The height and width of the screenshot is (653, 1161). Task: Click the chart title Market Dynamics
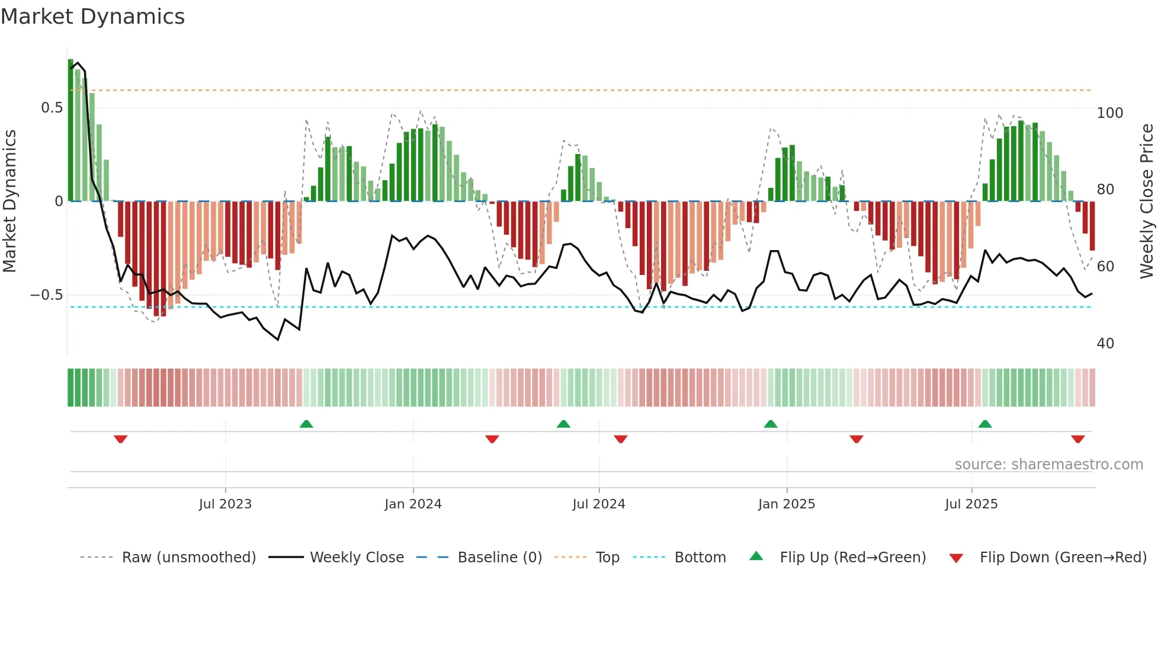pyautogui.click(x=92, y=17)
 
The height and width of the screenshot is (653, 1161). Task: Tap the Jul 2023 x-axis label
pyautogui.click(x=225, y=504)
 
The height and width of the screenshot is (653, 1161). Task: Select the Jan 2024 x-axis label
pyautogui.click(x=413, y=504)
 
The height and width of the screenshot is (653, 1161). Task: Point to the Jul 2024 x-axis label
pyautogui.click(x=598, y=504)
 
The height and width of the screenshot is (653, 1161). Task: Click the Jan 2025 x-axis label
pyautogui.click(x=786, y=504)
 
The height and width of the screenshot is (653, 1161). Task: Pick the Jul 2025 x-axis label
pyautogui.click(x=971, y=504)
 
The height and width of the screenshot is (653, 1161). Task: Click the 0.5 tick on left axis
pyautogui.click(x=52, y=108)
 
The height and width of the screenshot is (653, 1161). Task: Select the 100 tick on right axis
pyautogui.click(x=1109, y=113)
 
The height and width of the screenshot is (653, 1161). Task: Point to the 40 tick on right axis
pyautogui.click(x=1105, y=343)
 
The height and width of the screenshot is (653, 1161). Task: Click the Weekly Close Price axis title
pyautogui.click(x=1147, y=201)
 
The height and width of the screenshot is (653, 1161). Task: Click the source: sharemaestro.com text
pyautogui.click(x=1048, y=464)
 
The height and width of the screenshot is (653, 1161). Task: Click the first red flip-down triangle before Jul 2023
pyautogui.click(x=120, y=439)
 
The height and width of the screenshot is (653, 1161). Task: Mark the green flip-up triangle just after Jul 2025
pyautogui.click(x=984, y=424)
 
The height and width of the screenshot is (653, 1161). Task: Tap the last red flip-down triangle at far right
pyautogui.click(x=1077, y=439)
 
